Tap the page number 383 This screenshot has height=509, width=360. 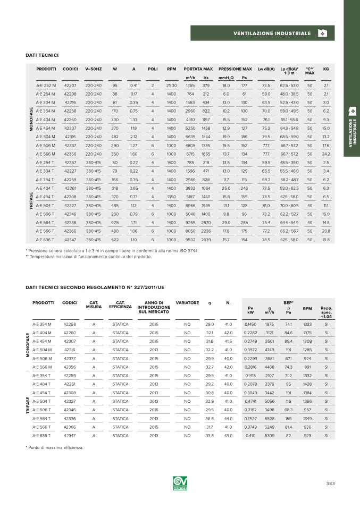[330, 483]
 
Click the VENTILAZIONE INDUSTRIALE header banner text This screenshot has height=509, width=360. [272, 33]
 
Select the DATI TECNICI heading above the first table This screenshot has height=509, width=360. [42, 55]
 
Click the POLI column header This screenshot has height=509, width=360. [153, 69]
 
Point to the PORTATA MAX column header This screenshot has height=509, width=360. [198, 69]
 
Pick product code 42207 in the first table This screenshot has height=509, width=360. [70, 85]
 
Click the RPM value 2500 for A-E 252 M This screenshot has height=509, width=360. [171, 85]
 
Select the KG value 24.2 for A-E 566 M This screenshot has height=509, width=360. [326, 154]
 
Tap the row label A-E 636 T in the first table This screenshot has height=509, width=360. [46, 240]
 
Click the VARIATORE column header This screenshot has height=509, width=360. [187, 303]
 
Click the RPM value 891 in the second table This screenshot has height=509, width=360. [307, 366]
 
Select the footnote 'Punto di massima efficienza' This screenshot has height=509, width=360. [55, 447]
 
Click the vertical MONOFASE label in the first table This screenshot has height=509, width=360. [31, 120]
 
